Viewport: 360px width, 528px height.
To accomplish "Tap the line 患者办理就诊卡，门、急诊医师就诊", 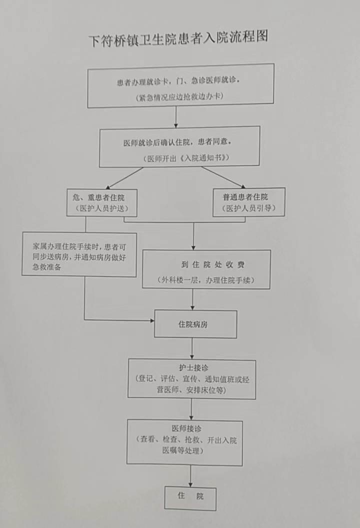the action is pos(178,81).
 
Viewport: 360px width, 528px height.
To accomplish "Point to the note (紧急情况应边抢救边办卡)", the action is pos(179,97).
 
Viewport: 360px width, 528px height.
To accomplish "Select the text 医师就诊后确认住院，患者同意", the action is pos(177,142).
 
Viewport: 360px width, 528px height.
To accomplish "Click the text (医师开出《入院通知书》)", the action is pos(186,158).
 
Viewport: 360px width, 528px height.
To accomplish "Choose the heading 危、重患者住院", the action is pos(99,198).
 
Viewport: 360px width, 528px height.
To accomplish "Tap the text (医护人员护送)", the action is pos(102,208).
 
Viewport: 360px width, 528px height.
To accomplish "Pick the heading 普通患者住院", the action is pos(245,197).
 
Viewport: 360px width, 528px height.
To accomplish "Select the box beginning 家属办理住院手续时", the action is pos(79,255).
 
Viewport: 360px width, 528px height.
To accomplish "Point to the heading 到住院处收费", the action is pos(212,265).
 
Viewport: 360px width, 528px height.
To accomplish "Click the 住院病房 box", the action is pos(195,324).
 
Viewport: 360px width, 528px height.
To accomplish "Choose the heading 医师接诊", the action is pos(186,429).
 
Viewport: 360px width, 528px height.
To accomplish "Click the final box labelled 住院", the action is pos(190,498).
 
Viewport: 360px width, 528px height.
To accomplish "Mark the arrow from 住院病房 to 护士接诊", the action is pos(192,349).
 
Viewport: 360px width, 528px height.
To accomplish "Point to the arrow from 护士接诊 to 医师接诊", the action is pos(191,409).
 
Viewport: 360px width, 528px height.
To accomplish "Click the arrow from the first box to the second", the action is pos(176,117).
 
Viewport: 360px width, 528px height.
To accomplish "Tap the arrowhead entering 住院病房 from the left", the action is pos(152,321).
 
